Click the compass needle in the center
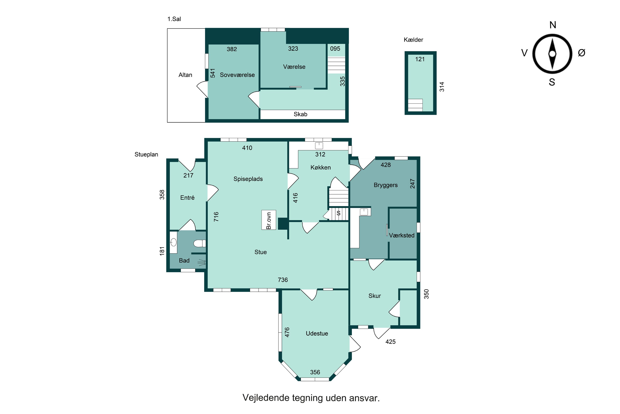click(552, 54)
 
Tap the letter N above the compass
click(553, 25)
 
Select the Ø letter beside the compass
click(582, 53)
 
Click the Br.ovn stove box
click(269, 220)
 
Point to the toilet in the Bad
click(200, 243)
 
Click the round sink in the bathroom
click(173, 242)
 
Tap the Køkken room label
click(321, 167)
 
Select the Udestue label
click(317, 333)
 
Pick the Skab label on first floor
click(300, 114)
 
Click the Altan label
click(185, 75)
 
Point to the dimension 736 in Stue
click(283, 280)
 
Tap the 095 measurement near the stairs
click(335, 49)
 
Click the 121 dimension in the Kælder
click(420, 59)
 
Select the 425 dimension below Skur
click(390, 342)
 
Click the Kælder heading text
click(413, 40)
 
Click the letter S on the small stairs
click(339, 213)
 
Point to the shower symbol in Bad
click(202, 262)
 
